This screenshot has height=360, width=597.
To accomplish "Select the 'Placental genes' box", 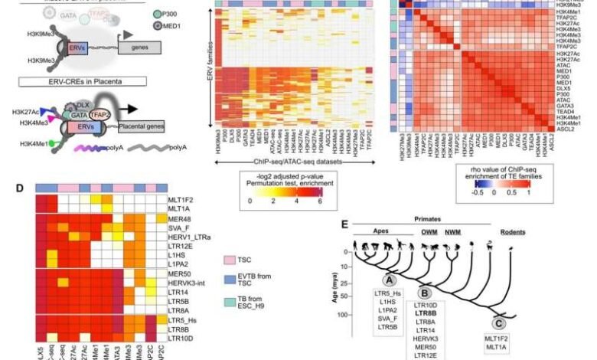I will [150, 119].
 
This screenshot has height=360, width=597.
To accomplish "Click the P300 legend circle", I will [158, 15].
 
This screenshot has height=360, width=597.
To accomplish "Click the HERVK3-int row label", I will [201, 287].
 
